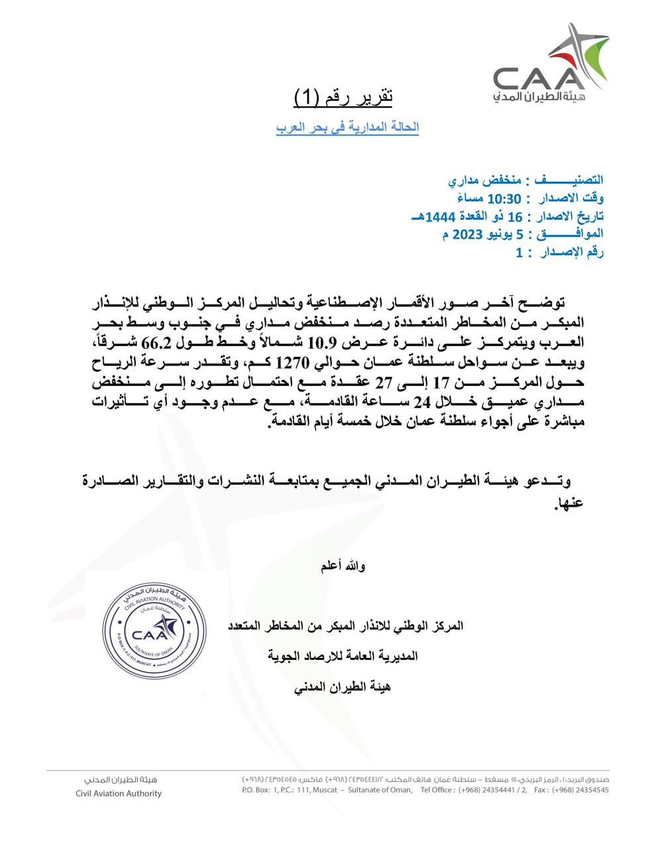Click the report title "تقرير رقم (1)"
343,97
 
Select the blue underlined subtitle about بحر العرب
347,127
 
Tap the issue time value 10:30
505,198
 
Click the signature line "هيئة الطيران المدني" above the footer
342,687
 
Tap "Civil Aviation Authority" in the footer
119,793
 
